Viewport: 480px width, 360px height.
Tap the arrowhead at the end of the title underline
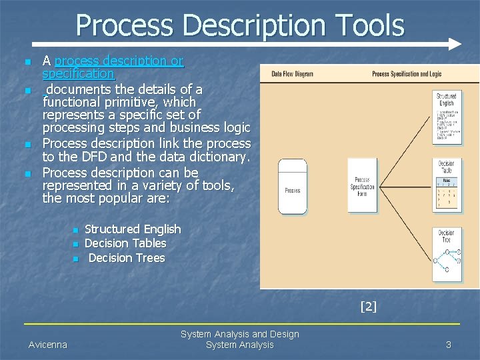coord(455,44)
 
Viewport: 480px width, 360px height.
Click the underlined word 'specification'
coord(78,73)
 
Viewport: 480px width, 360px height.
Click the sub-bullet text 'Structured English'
coord(133,229)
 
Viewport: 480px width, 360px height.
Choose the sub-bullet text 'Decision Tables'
coord(125,243)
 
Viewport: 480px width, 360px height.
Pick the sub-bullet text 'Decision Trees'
coord(126,258)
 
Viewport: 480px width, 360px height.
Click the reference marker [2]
coord(368,307)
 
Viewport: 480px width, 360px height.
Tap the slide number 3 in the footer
coord(449,345)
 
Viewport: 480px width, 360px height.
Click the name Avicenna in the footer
coord(48,345)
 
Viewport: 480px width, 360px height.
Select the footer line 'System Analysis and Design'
coord(239,334)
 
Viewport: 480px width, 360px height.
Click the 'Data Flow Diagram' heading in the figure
coord(292,74)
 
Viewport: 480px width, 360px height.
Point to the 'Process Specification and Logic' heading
coord(407,74)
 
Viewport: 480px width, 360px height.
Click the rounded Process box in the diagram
coord(292,187)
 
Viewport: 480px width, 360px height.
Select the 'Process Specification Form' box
coord(363,187)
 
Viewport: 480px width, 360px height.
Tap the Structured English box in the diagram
coord(446,117)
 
